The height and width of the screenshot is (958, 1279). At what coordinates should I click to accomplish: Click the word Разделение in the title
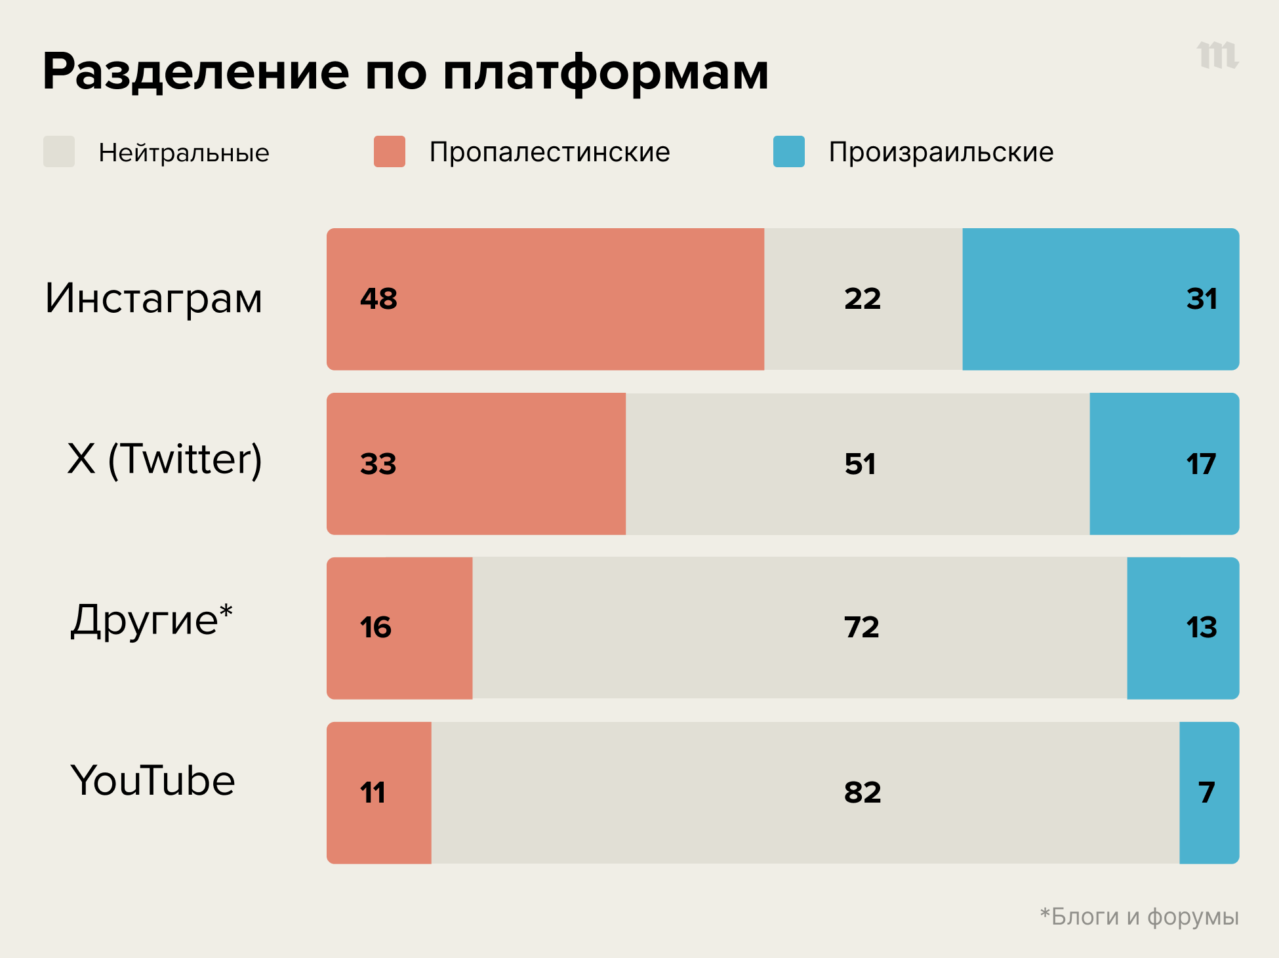(195, 72)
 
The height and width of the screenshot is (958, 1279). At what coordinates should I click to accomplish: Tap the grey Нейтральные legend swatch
(59, 151)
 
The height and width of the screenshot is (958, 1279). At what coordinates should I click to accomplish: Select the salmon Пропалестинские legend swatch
(389, 151)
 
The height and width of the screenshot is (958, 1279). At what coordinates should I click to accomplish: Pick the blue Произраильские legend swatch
(788, 151)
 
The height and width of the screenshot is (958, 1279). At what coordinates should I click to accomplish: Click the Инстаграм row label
(153, 298)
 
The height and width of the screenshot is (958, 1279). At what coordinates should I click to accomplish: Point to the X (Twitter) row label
(165, 459)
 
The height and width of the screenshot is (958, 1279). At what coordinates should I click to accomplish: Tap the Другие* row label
(152, 620)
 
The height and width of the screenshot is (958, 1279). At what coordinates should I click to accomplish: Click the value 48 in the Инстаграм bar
(378, 299)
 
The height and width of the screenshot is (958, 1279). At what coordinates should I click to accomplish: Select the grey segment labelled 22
(863, 299)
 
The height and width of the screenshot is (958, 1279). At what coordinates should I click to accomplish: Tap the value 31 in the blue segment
(1202, 299)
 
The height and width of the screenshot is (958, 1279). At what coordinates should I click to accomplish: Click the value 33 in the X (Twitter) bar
(378, 464)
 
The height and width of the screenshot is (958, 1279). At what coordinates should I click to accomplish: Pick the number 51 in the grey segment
(860, 464)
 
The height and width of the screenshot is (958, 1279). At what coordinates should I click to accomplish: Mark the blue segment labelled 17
(1164, 464)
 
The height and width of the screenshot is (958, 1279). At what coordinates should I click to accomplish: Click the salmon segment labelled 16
(399, 628)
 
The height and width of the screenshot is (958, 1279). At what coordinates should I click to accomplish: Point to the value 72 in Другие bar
(861, 628)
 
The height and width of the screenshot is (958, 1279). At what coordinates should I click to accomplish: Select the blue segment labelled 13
(1183, 628)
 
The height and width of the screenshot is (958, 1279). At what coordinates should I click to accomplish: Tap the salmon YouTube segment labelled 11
(379, 793)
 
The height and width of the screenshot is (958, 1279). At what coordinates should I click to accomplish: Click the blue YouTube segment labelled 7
(1209, 793)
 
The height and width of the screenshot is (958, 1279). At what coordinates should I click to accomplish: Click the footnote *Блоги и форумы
(1139, 916)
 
